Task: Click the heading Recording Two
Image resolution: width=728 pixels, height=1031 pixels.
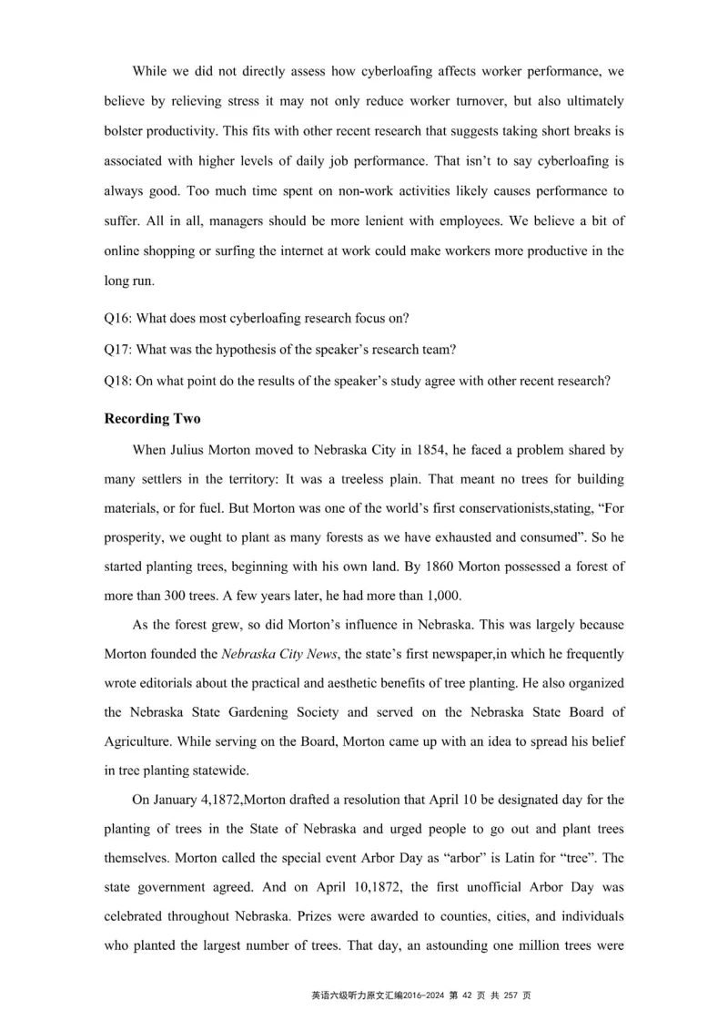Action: (x=152, y=419)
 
